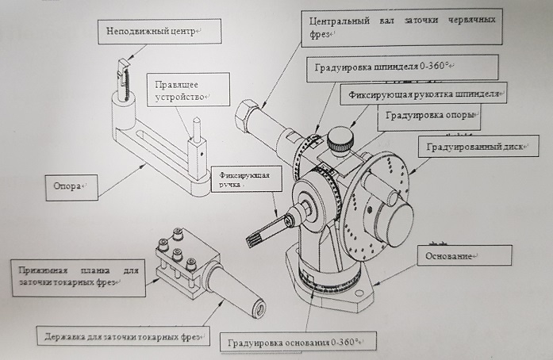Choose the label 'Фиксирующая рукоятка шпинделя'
[x=424, y=94]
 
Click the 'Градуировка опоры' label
[x=429, y=116]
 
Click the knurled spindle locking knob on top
[x=342, y=139]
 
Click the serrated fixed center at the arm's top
[x=122, y=75]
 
